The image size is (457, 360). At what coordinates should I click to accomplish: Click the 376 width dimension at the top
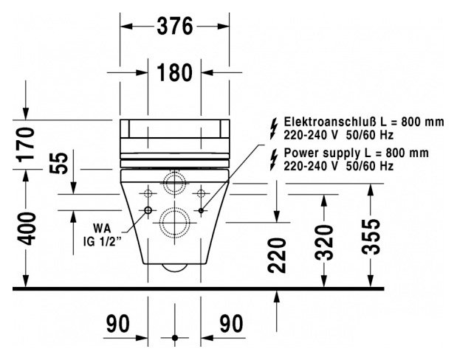175,27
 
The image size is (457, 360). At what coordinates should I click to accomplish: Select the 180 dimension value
175,72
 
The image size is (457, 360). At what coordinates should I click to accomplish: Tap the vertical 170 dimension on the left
27,144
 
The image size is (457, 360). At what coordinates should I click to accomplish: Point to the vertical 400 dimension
27,229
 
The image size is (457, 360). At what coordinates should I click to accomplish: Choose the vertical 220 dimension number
277,255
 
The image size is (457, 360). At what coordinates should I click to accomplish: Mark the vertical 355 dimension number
374,235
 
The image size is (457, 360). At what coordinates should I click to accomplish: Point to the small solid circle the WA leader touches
148,211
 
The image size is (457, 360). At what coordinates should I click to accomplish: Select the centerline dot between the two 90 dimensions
175,338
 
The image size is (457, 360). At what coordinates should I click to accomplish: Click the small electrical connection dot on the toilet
201,211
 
